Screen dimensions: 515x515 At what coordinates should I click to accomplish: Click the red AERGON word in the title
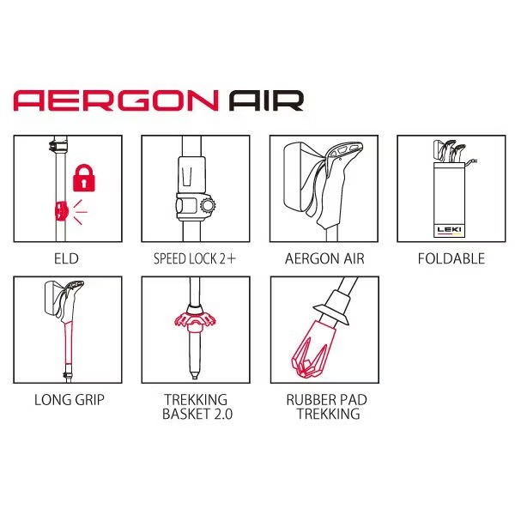[x=116, y=100]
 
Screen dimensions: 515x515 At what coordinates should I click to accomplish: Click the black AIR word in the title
[x=266, y=100]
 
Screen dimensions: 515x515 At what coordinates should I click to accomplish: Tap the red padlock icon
[x=84, y=178]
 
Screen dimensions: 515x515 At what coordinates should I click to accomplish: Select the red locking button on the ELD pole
[x=61, y=210]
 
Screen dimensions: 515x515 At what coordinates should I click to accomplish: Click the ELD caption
[x=66, y=259]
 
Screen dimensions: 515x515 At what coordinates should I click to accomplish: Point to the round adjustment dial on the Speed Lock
[x=208, y=206]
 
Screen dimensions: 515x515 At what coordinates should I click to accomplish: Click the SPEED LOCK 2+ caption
[x=195, y=259]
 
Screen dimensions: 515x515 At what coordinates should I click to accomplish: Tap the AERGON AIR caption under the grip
[x=324, y=259]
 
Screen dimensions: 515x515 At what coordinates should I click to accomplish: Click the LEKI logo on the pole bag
[x=449, y=229]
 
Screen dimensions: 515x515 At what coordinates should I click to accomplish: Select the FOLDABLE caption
[x=451, y=259]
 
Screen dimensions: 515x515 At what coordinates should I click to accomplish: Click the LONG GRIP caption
[x=70, y=400]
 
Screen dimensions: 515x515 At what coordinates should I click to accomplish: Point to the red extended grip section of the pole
[x=69, y=342]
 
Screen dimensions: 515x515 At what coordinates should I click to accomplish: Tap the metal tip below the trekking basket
[x=195, y=374]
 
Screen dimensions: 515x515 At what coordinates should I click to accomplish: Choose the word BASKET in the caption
[x=185, y=414]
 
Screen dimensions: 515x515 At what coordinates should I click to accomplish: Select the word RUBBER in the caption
[x=308, y=400]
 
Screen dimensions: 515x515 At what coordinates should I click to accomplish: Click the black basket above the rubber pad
[x=331, y=313]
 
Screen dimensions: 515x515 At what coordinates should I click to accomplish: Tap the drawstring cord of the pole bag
[x=470, y=162]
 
